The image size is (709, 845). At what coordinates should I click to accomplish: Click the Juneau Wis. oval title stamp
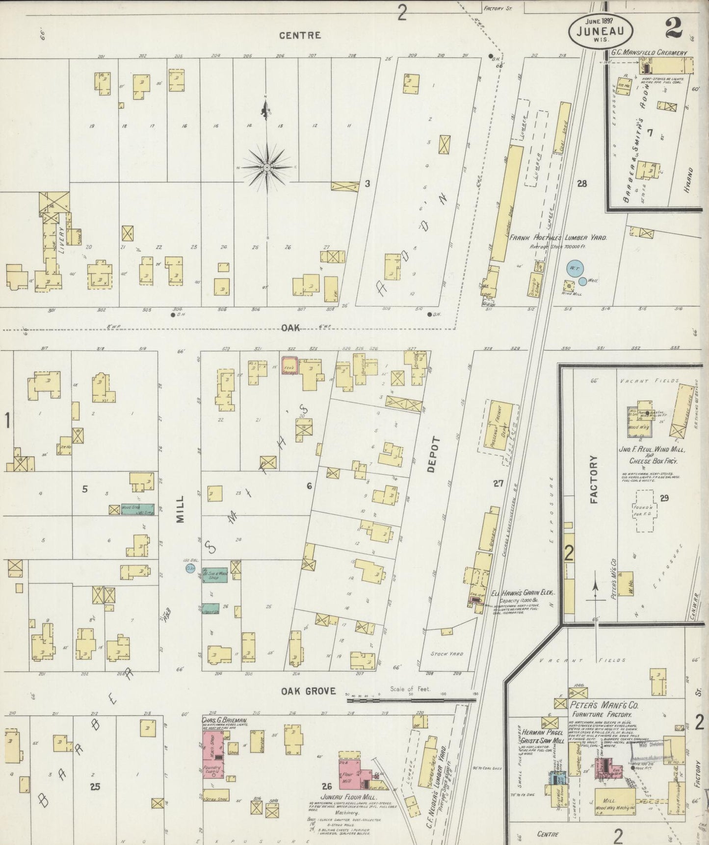coord(601,30)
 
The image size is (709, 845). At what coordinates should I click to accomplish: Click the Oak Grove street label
coord(308,691)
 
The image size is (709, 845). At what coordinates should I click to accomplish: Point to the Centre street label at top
coord(300,35)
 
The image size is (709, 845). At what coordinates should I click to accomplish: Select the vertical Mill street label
coord(180,509)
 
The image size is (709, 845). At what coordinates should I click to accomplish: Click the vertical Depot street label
coord(431,454)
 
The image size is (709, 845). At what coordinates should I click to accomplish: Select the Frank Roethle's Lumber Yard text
coord(558,237)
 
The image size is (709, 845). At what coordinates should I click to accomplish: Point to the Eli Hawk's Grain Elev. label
coord(519,593)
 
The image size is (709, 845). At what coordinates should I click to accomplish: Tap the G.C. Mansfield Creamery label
coord(649,52)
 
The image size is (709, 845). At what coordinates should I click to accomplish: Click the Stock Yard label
coord(447,653)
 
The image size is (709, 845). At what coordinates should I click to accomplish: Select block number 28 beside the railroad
coord(582,184)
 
